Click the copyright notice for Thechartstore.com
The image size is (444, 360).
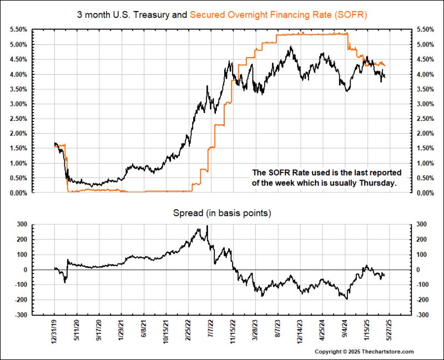(364, 352)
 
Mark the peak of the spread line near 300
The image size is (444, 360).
(207, 226)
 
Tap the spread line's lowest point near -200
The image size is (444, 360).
(347, 299)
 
